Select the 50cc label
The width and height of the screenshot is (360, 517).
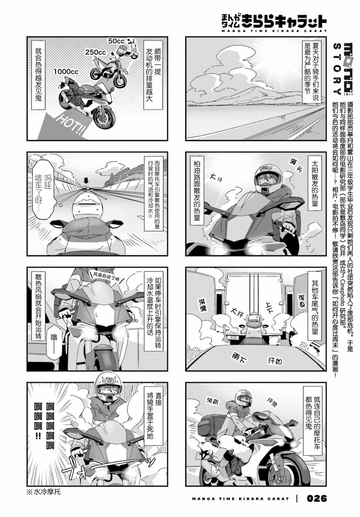117,41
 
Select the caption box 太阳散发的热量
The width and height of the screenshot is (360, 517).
315,185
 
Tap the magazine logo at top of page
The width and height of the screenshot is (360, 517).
271,21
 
